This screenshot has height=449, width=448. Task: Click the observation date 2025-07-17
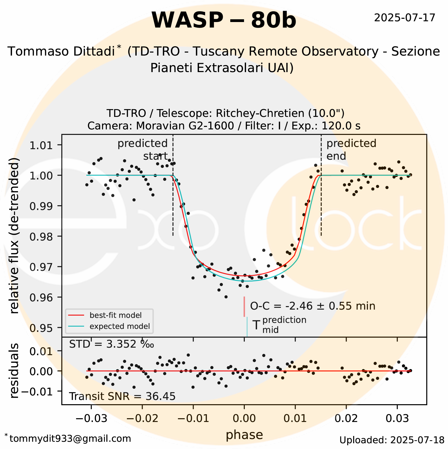[405, 18]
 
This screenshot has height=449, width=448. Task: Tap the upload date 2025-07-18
[392, 440]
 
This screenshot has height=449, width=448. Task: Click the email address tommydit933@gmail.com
[70, 438]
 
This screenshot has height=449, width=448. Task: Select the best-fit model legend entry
[115, 315]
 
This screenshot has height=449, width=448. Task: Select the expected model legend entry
[119, 326]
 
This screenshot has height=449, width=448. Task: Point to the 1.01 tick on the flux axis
[41, 145]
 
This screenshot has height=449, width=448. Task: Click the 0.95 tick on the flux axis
[41, 328]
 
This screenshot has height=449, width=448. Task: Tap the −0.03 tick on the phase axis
[91, 418]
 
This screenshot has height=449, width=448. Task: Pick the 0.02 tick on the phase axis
[346, 418]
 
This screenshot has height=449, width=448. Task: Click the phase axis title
[244, 435]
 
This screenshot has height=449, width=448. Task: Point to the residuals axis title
[15, 371]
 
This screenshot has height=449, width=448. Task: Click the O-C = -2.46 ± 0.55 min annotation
[313, 306]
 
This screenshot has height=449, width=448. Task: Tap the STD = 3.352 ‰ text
[111, 344]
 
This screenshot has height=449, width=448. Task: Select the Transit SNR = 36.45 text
[122, 396]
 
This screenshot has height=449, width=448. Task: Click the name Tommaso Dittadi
[61, 52]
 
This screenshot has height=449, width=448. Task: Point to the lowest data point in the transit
[226, 297]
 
